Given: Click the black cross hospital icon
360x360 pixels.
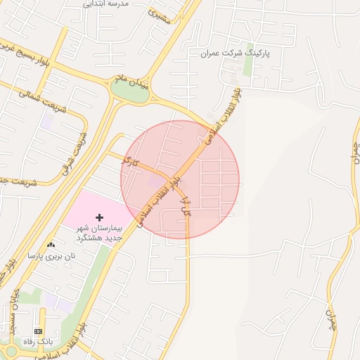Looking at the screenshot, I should (x=98, y=218).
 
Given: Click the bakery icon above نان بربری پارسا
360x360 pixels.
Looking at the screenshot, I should (x=50, y=245).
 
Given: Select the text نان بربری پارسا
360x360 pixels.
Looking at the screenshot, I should (x=51, y=256).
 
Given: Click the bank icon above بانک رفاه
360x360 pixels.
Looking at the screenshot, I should (x=38, y=331).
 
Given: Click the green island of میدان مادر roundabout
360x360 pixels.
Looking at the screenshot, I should (x=131, y=93).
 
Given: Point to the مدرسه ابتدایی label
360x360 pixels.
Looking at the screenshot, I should (x=106, y=4).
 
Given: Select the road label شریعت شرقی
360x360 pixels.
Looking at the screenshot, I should (x=74, y=152).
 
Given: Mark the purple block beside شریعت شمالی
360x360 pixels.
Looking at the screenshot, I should (x=47, y=120).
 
